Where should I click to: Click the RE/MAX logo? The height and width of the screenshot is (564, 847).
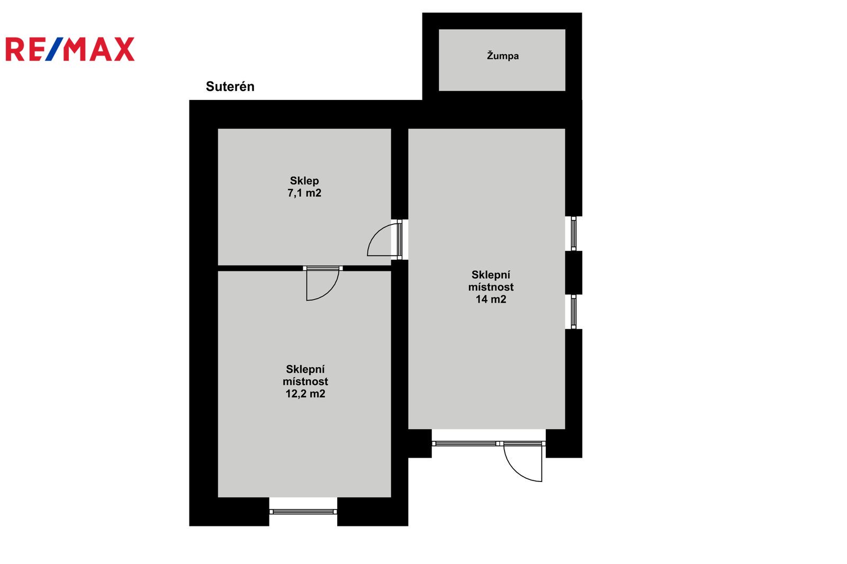tap(70, 49)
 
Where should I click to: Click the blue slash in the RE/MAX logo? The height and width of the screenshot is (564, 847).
tap(55, 49)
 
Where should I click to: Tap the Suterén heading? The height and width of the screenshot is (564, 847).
tap(230, 87)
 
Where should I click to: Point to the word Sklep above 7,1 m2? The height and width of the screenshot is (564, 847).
tap(304, 181)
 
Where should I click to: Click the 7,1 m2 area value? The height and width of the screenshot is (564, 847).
tap(304, 193)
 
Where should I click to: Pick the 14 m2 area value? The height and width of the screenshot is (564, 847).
tap(491, 299)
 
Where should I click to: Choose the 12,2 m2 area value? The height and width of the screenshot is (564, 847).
tap(305, 394)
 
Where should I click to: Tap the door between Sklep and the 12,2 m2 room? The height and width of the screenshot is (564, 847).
tap(322, 283)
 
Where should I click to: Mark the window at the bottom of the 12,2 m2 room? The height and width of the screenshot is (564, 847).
tap(303, 512)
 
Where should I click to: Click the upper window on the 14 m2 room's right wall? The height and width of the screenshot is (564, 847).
tap(574, 233)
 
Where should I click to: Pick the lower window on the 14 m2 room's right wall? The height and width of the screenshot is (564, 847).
tap(574, 312)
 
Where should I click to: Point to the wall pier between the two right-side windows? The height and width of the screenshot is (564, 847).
tap(574, 272)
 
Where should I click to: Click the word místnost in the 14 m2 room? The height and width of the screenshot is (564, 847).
tap(491, 287)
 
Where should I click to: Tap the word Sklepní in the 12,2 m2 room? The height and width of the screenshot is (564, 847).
tap(305, 369)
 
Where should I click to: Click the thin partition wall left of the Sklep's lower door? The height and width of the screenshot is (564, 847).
tap(260, 268)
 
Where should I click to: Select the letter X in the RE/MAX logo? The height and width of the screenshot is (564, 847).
tap(124, 49)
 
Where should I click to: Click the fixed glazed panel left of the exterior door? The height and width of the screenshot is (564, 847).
tap(464, 443)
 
